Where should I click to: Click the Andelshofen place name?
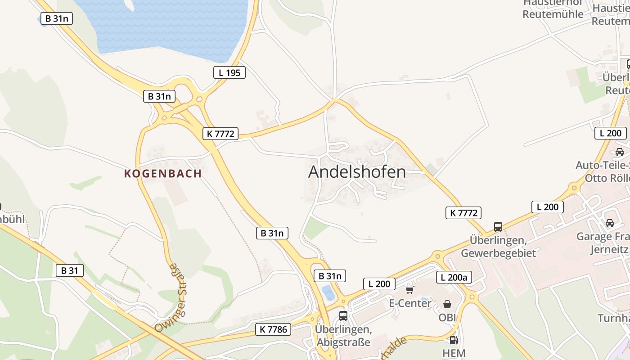[357, 172]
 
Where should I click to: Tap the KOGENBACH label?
[163, 174]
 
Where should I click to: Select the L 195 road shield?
[229, 72]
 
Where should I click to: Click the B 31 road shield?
[70, 270]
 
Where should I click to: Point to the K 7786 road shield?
[273, 329]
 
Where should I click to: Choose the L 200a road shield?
[454, 277]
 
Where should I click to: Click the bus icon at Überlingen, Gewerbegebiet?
[498, 227]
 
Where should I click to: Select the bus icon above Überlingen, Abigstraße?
[343, 316]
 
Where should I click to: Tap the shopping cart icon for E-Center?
[409, 290]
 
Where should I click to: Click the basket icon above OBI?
[447, 304]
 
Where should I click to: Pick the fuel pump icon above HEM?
[454, 340]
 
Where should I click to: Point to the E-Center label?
[410, 303]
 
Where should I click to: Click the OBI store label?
[447, 317]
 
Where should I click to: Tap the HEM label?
[454, 353]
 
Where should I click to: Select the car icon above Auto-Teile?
[620, 152]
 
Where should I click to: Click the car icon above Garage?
[610, 223]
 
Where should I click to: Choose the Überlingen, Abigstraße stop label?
[344, 336]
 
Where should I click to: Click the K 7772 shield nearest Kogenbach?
[220, 134]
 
